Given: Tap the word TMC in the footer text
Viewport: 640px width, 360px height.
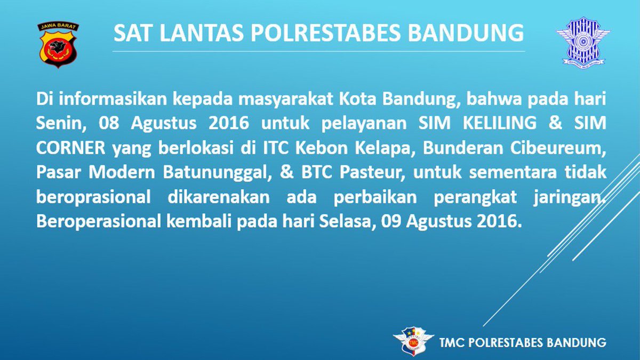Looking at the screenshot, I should pos(452,342).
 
